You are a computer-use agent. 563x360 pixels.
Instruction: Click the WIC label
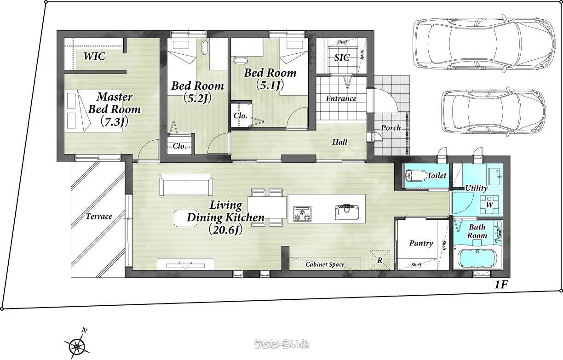[94, 56]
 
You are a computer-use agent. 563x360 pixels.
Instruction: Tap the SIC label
[342, 58]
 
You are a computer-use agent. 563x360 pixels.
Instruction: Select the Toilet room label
[437, 176]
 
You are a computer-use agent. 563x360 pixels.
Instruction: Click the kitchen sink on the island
[347, 212]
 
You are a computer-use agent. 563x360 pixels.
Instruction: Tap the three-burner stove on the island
[302, 214]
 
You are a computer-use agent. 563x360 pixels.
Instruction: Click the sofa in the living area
[186, 184]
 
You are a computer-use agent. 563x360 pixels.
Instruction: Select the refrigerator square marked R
[380, 260]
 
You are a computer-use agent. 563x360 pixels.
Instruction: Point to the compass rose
[76, 346]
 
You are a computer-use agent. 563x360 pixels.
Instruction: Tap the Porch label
[391, 128]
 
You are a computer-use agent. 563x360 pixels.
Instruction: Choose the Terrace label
[99, 216]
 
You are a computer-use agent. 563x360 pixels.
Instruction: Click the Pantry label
[421, 243]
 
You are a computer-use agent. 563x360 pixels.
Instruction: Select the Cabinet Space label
[325, 264]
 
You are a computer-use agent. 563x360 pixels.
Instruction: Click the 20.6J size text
[225, 230]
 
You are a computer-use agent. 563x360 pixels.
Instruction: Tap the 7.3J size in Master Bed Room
[115, 122]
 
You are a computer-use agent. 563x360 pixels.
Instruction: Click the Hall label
[339, 142]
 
